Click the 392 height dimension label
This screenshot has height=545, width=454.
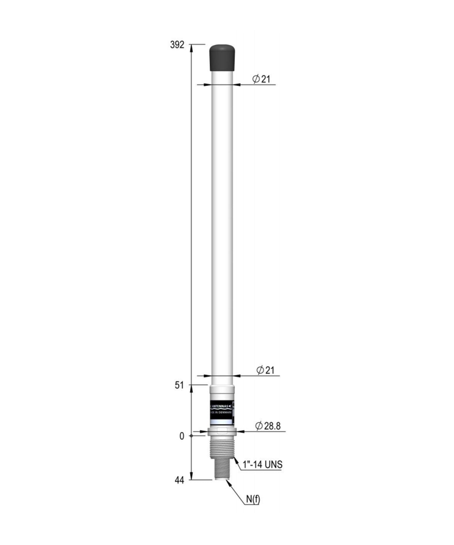tap(177, 45)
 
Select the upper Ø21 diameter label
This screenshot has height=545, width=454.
tap(261, 79)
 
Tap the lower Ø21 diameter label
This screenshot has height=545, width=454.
tap(265, 370)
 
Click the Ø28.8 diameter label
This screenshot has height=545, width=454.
tap(268, 426)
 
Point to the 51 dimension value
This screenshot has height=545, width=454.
tap(179, 385)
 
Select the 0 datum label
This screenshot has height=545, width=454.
tap(182, 436)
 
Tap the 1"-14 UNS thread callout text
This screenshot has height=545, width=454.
tap(263, 464)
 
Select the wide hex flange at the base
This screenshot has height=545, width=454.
tap(222, 431)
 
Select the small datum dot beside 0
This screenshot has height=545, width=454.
tap(191, 436)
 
